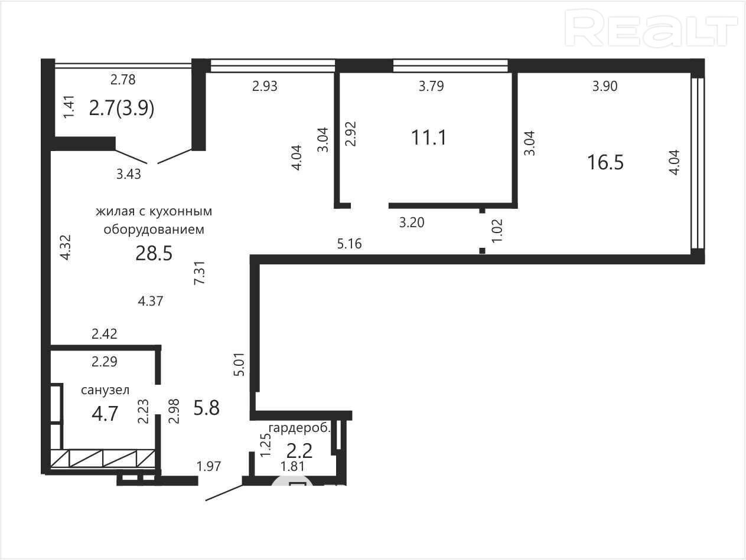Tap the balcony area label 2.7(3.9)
click(x=122, y=109)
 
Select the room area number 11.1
click(x=429, y=137)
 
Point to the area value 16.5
click(x=605, y=162)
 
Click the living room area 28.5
click(x=154, y=253)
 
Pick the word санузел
click(x=105, y=390)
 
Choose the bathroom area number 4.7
click(x=105, y=414)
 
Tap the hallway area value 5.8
click(x=206, y=408)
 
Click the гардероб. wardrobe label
click(x=299, y=428)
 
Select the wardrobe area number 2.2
click(x=299, y=451)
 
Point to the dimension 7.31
click(x=200, y=273)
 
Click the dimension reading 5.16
click(x=350, y=244)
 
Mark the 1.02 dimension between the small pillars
click(x=497, y=231)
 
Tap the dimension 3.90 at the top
click(x=605, y=86)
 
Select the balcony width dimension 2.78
click(x=123, y=80)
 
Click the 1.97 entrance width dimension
click(x=209, y=466)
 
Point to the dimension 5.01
click(x=240, y=364)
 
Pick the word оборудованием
click(x=154, y=230)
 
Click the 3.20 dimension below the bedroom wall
click(x=412, y=222)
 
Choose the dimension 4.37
click(x=151, y=301)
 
